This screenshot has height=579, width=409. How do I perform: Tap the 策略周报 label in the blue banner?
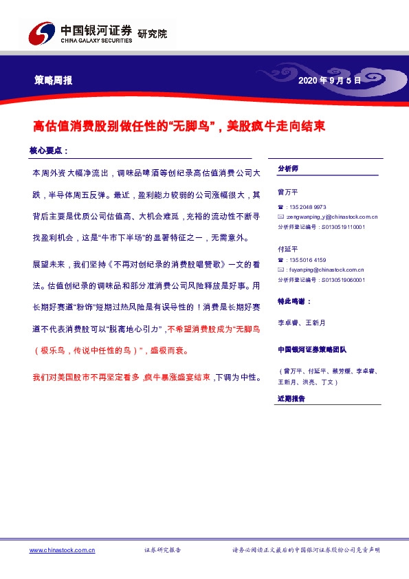pyautogui.click(x=54, y=80)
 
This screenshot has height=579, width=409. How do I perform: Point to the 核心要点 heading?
pyautogui.click(x=48, y=150)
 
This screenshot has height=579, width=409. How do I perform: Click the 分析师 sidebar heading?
pyautogui.click(x=287, y=168)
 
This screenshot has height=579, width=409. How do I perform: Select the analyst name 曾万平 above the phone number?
pyautogui.click(x=288, y=192)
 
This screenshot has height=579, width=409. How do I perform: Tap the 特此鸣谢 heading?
pyautogui.click(x=294, y=301)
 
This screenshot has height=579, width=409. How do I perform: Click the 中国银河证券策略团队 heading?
pyautogui.click(x=313, y=348)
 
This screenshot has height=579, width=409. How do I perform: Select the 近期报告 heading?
pyautogui.click(x=291, y=399)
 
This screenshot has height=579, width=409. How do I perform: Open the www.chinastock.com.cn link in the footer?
pyautogui.click(x=62, y=550)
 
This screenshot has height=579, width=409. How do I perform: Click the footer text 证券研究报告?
pyautogui.click(x=162, y=550)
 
